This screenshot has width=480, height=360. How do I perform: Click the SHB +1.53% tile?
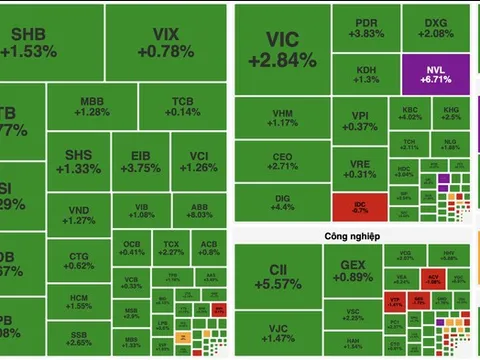tap(41, 42)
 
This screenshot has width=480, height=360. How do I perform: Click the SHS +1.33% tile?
tap(82, 162)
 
